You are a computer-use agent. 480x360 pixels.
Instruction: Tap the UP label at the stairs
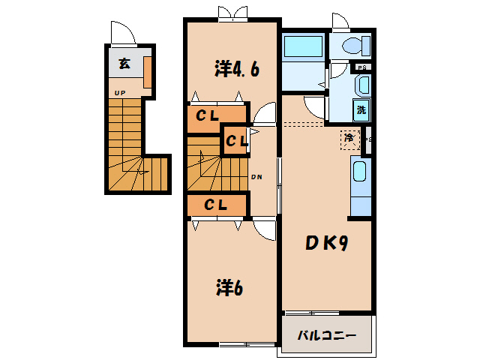[x=119, y=93]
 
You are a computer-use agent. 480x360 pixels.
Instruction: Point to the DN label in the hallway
[x=255, y=178]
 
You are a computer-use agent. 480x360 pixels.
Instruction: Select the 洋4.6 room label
[x=237, y=70]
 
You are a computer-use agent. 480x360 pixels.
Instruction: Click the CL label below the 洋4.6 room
[x=208, y=115]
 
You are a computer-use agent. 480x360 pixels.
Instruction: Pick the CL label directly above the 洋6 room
[x=216, y=204]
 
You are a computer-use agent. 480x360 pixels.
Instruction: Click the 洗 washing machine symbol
[x=361, y=110]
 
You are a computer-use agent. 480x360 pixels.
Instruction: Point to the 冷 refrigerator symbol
[x=349, y=138]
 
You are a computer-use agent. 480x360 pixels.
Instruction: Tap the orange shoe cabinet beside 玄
[x=148, y=72]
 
